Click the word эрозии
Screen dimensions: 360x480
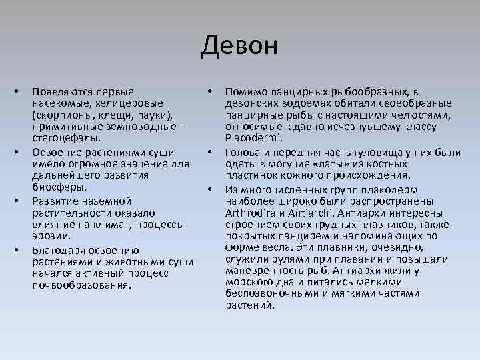click(x=51, y=235)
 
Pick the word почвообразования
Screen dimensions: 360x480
click(x=82, y=285)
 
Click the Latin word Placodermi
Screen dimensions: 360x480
click(x=254, y=138)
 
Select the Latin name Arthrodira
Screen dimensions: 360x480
click(x=256, y=213)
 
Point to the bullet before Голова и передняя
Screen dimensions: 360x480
click(x=210, y=151)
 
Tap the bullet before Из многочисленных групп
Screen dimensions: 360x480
click(x=210, y=188)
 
